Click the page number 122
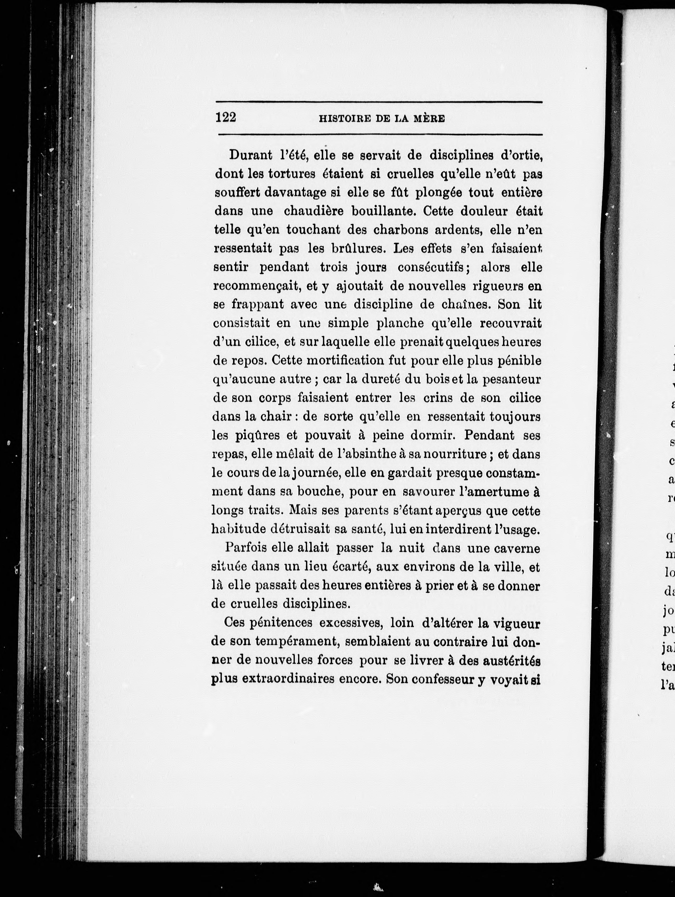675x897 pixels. (226, 118)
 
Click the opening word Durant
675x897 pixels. (250, 155)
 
